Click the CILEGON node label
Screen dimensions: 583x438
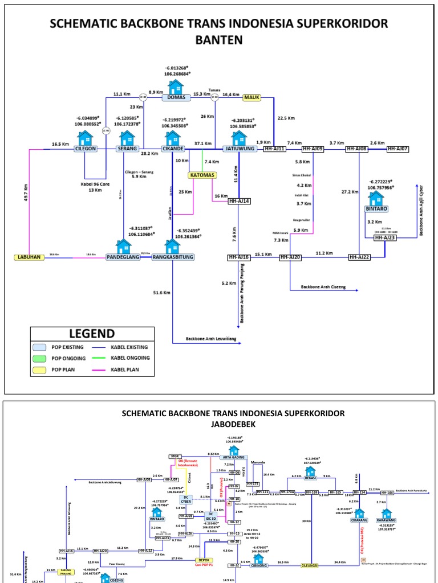(x=86, y=149)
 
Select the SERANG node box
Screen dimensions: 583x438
(x=127, y=149)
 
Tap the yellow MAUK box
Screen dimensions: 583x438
(x=252, y=97)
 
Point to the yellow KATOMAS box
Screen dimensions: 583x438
(x=202, y=175)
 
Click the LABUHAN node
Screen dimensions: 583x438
(x=29, y=257)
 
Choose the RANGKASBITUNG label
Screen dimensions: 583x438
(x=173, y=257)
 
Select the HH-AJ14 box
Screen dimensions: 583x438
(x=240, y=201)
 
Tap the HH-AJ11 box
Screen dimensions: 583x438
(x=274, y=149)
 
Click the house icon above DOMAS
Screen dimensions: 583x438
(x=175, y=87)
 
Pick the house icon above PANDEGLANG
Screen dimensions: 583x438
(x=124, y=246)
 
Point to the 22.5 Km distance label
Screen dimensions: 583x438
(x=286, y=118)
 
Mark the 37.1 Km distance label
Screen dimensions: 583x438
(x=202, y=143)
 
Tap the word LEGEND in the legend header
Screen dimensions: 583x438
(x=92, y=334)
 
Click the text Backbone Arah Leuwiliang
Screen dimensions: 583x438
(x=210, y=339)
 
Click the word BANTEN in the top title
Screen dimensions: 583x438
(x=219, y=40)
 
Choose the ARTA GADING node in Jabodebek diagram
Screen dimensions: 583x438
(x=233, y=457)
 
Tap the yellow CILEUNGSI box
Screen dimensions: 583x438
(x=313, y=565)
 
